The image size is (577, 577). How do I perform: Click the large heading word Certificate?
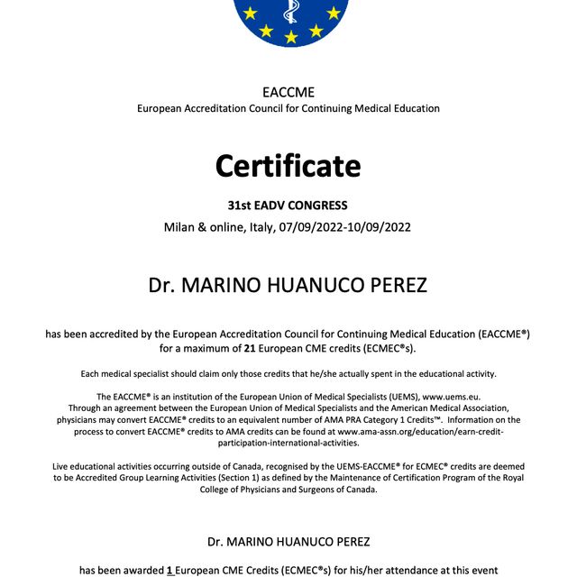(x=288, y=166)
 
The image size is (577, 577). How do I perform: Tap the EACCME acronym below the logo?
(x=288, y=92)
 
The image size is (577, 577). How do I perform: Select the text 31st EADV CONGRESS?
(x=288, y=206)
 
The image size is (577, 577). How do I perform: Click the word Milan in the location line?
(x=180, y=226)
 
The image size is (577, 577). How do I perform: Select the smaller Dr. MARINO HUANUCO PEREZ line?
(x=288, y=541)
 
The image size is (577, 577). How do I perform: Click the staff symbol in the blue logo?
(x=289, y=11)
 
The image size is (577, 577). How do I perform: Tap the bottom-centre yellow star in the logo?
(x=290, y=37)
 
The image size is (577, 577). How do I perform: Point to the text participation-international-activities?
(x=288, y=443)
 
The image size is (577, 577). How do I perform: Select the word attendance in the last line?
(x=399, y=570)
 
